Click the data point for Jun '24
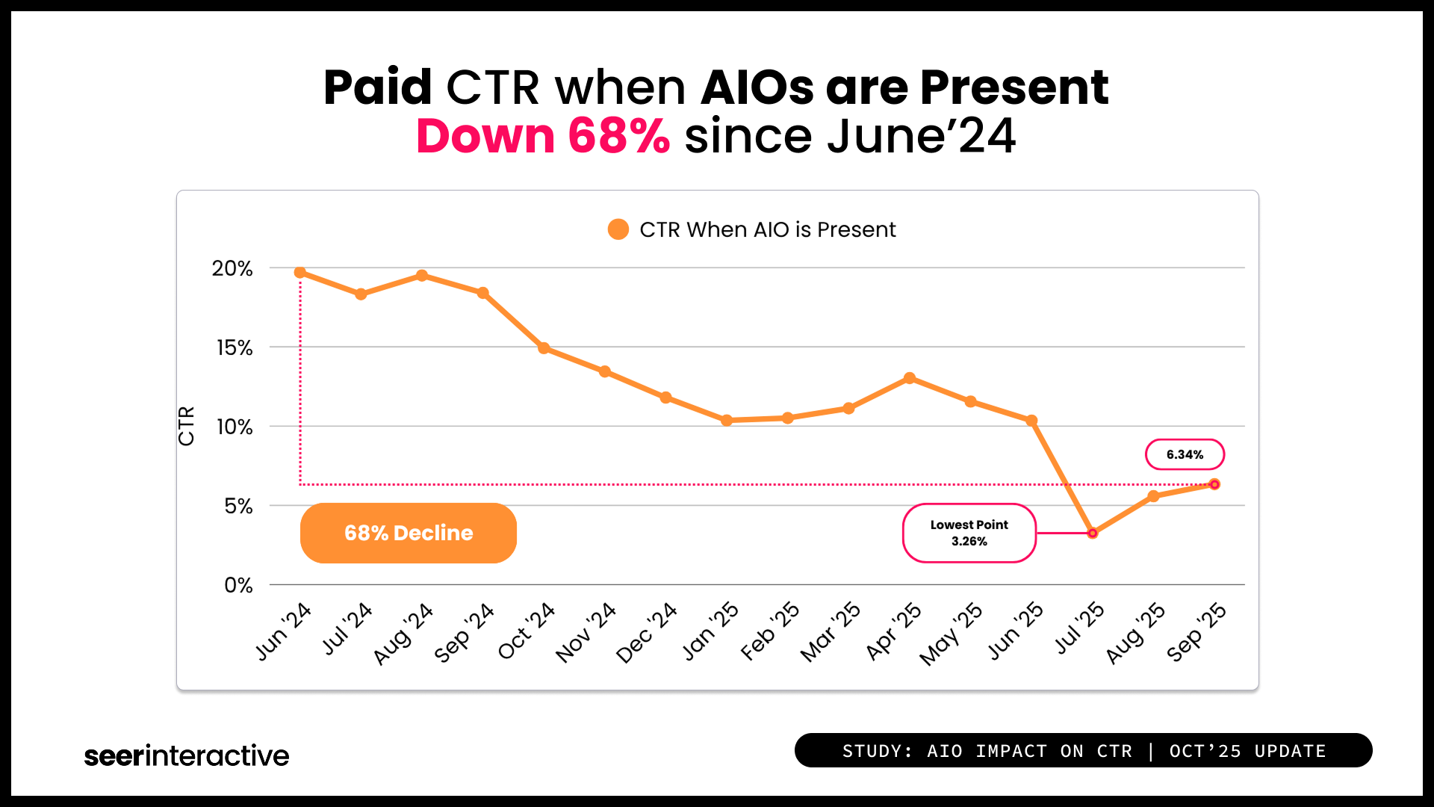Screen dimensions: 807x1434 click(x=300, y=273)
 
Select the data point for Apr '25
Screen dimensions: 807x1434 click(x=910, y=378)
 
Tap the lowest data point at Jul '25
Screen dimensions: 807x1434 click(x=1093, y=533)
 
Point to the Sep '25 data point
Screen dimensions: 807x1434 click(x=1214, y=484)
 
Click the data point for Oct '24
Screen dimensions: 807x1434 click(x=544, y=348)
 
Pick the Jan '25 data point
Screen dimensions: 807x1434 click(x=727, y=421)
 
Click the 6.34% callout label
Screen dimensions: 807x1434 click(x=1185, y=454)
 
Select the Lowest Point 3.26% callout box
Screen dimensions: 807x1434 click(x=969, y=533)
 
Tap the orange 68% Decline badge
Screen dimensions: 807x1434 click(x=409, y=533)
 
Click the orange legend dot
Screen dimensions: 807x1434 click(x=618, y=229)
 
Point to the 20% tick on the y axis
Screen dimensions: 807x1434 click(x=232, y=268)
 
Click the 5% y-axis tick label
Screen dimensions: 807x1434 click(x=238, y=506)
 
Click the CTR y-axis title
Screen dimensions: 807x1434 click(x=186, y=426)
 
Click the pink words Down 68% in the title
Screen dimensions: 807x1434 click(x=543, y=136)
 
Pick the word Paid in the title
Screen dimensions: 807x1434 click(x=377, y=87)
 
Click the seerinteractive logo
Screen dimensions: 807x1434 click(x=187, y=755)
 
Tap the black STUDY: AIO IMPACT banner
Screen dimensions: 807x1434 click(x=1083, y=750)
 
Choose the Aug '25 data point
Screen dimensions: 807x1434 click(x=1153, y=496)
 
